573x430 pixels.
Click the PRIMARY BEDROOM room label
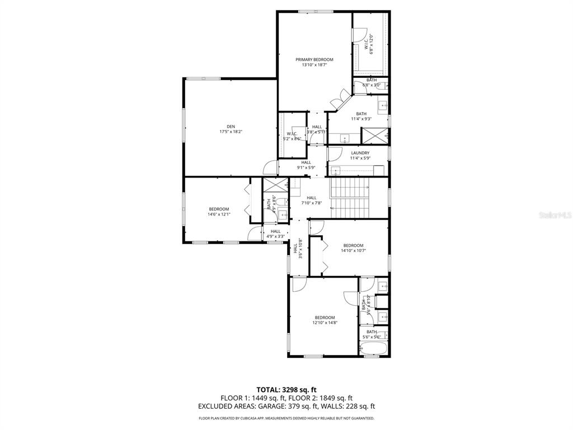point(314,59)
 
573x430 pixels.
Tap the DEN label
point(231,126)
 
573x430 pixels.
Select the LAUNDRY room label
point(360,153)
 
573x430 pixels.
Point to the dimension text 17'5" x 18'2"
point(231,132)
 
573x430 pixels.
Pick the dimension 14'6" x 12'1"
point(219,214)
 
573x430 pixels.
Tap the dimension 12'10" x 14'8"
point(325,322)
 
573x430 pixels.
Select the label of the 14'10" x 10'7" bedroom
point(353,245)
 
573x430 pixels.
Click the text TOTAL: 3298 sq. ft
point(286,390)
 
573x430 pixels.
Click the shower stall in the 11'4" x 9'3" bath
point(375,135)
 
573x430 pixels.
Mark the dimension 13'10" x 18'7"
point(314,65)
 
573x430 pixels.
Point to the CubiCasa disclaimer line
point(286,418)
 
